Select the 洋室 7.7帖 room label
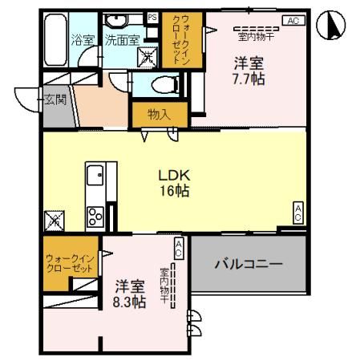[x=249, y=71]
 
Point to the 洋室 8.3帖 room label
[x=129, y=294]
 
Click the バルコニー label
[x=249, y=264]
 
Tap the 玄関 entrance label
[x=55, y=99]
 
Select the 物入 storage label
[x=159, y=115]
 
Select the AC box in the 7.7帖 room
[x=293, y=21]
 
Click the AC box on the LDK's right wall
[x=297, y=213]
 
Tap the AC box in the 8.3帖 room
[x=179, y=248]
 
